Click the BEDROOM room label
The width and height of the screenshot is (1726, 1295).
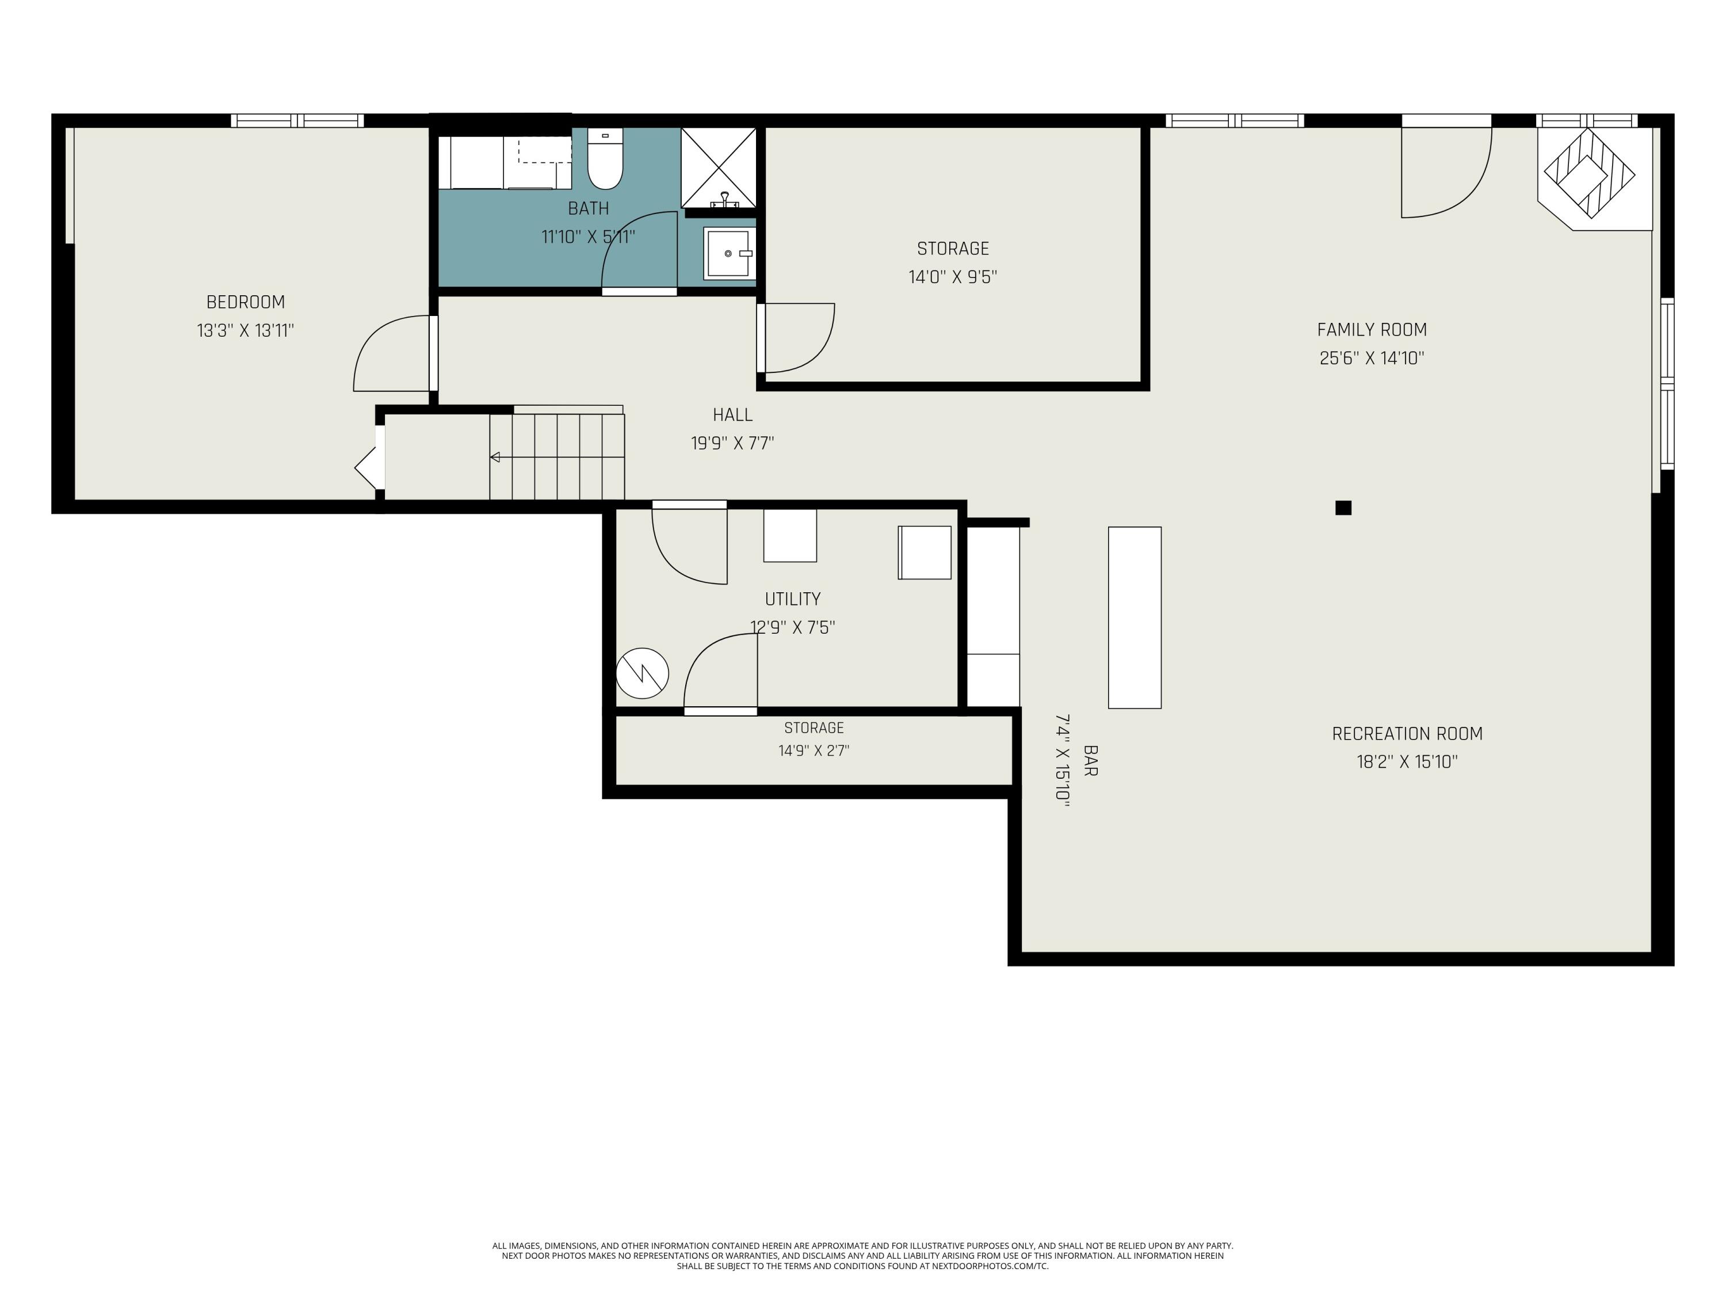245,302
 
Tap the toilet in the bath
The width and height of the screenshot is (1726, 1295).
605,159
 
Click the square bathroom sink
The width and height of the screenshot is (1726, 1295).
727,253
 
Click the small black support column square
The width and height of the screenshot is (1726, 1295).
1343,508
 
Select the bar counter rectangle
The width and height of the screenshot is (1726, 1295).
1135,618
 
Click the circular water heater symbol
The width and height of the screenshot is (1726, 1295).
642,673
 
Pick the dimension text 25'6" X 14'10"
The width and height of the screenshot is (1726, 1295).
1372,359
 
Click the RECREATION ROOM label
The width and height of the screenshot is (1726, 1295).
1407,734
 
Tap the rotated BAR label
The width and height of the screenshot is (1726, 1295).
1091,761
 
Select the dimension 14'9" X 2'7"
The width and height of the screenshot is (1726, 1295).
814,751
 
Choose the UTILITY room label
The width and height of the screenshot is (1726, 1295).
793,600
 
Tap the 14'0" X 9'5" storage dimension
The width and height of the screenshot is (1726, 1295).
953,277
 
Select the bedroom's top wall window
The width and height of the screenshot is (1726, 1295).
297,120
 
